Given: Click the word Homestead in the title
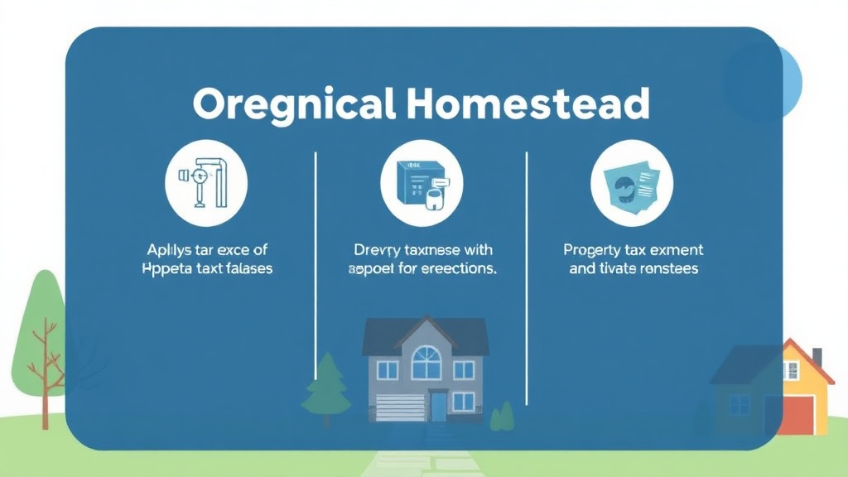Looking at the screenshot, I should click(x=528, y=105).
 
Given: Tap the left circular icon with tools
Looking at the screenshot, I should click(x=206, y=184).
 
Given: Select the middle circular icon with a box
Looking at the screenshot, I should click(x=422, y=184).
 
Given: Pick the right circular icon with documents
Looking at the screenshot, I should click(x=631, y=184).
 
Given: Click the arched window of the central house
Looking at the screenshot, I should click(x=426, y=362).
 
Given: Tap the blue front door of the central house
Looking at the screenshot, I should click(x=438, y=407).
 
